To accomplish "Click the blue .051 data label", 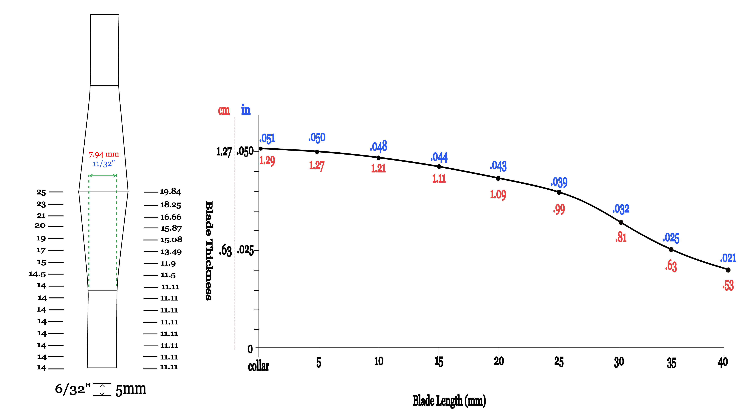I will click(267, 139).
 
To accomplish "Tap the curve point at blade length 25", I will click(559, 192).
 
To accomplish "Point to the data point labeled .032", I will click(621, 222).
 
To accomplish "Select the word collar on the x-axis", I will click(259, 366).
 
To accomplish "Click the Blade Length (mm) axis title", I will click(449, 401).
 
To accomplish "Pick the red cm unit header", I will click(224, 110).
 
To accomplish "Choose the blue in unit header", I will click(246, 110).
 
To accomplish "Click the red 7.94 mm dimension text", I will click(104, 155).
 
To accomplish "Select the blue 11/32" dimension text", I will click(104, 164).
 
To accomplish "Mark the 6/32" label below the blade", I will click(72, 389).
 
